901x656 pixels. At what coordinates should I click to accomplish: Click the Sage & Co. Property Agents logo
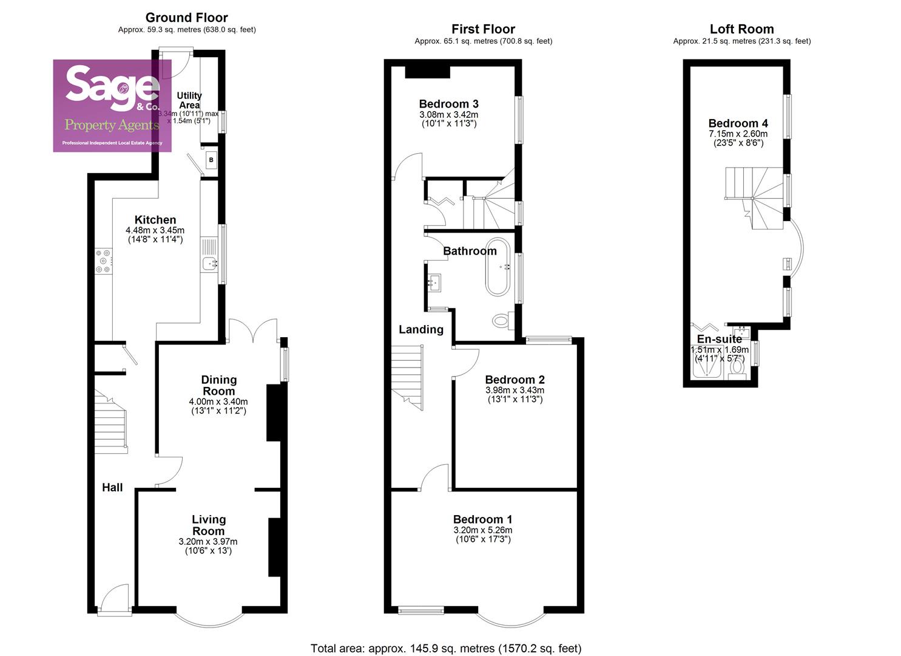tap(112, 105)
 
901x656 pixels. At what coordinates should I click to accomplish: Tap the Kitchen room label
tap(155, 220)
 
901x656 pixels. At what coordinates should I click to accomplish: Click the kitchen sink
tap(210, 263)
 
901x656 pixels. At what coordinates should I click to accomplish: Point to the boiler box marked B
tap(211, 160)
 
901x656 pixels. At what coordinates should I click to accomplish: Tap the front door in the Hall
tap(114, 598)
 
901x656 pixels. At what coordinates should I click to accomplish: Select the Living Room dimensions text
tap(208, 546)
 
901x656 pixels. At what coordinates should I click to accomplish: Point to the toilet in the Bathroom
tap(501, 320)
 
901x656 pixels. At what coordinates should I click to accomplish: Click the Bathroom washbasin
tap(434, 282)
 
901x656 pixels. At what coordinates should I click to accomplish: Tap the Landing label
tap(421, 329)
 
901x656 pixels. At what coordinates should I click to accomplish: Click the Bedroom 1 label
tap(482, 519)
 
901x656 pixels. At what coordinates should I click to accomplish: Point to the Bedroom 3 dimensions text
tap(448, 119)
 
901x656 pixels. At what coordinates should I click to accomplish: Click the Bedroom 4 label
tap(738, 123)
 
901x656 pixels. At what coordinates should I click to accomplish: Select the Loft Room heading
tap(741, 29)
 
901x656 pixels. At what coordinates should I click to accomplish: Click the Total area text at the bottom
tap(446, 648)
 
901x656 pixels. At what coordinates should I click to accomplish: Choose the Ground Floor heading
tap(187, 18)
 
